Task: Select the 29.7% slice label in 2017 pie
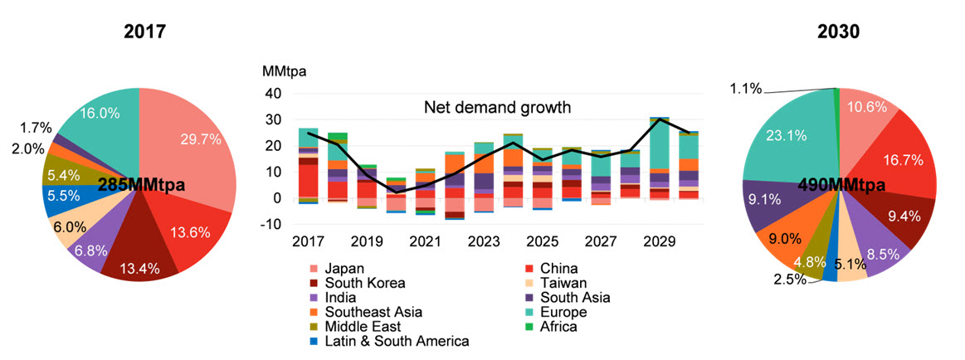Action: click(x=202, y=139)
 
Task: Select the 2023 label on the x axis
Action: click(x=483, y=242)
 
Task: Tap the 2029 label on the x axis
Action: click(x=660, y=242)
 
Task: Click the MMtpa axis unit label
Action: click(x=285, y=71)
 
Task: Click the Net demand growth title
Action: click(x=498, y=107)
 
